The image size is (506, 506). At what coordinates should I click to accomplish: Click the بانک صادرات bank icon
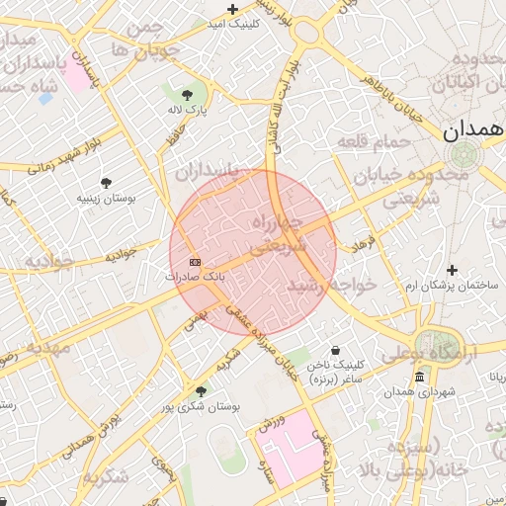click(x=194, y=262)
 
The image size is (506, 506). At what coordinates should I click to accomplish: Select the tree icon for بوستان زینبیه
click(x=106, y=183)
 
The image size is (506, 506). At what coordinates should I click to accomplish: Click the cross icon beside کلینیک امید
click(x=232, y=8)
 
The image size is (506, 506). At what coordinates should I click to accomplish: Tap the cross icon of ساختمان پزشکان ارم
click(x=453, y=270)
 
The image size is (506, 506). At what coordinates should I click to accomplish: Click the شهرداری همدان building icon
click(x=420, y=378)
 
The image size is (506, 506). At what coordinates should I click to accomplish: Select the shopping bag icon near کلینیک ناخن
click(x=336, y=351)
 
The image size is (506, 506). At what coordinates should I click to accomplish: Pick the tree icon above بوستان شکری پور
click(x=202, y=391)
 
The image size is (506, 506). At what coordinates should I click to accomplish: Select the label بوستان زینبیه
click(x=107, y=199)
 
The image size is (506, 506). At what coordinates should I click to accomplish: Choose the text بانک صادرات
click(x=196, y=278)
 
